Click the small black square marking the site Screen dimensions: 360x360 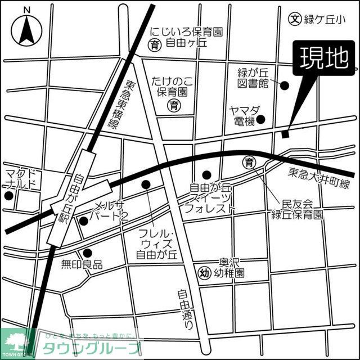[x=285, y=134]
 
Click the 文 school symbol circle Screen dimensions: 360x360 [x=294, y=19]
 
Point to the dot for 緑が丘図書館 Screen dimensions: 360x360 [x=285, y=85]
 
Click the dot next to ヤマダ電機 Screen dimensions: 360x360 [x=266, y=120]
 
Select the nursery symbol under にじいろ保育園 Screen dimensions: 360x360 [x=153, y=44]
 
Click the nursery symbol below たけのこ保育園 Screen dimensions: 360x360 [x=175, y=105]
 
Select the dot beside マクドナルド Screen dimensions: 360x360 [x=8, y=196]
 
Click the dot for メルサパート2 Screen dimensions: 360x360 [x=84, y=221]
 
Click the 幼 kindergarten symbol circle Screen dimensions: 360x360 [x=205, y=274]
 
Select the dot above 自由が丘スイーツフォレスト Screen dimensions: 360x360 [x=206, y=174]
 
